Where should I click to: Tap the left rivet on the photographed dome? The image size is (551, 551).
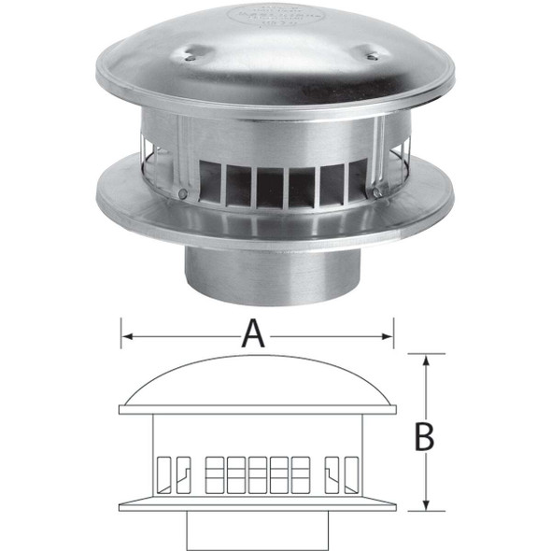coord(189,57)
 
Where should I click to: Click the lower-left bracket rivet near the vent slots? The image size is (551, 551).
coord(183,194)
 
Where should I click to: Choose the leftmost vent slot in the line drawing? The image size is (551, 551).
coord(163,472)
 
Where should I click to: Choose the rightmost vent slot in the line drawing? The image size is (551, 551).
coord(351,472)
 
